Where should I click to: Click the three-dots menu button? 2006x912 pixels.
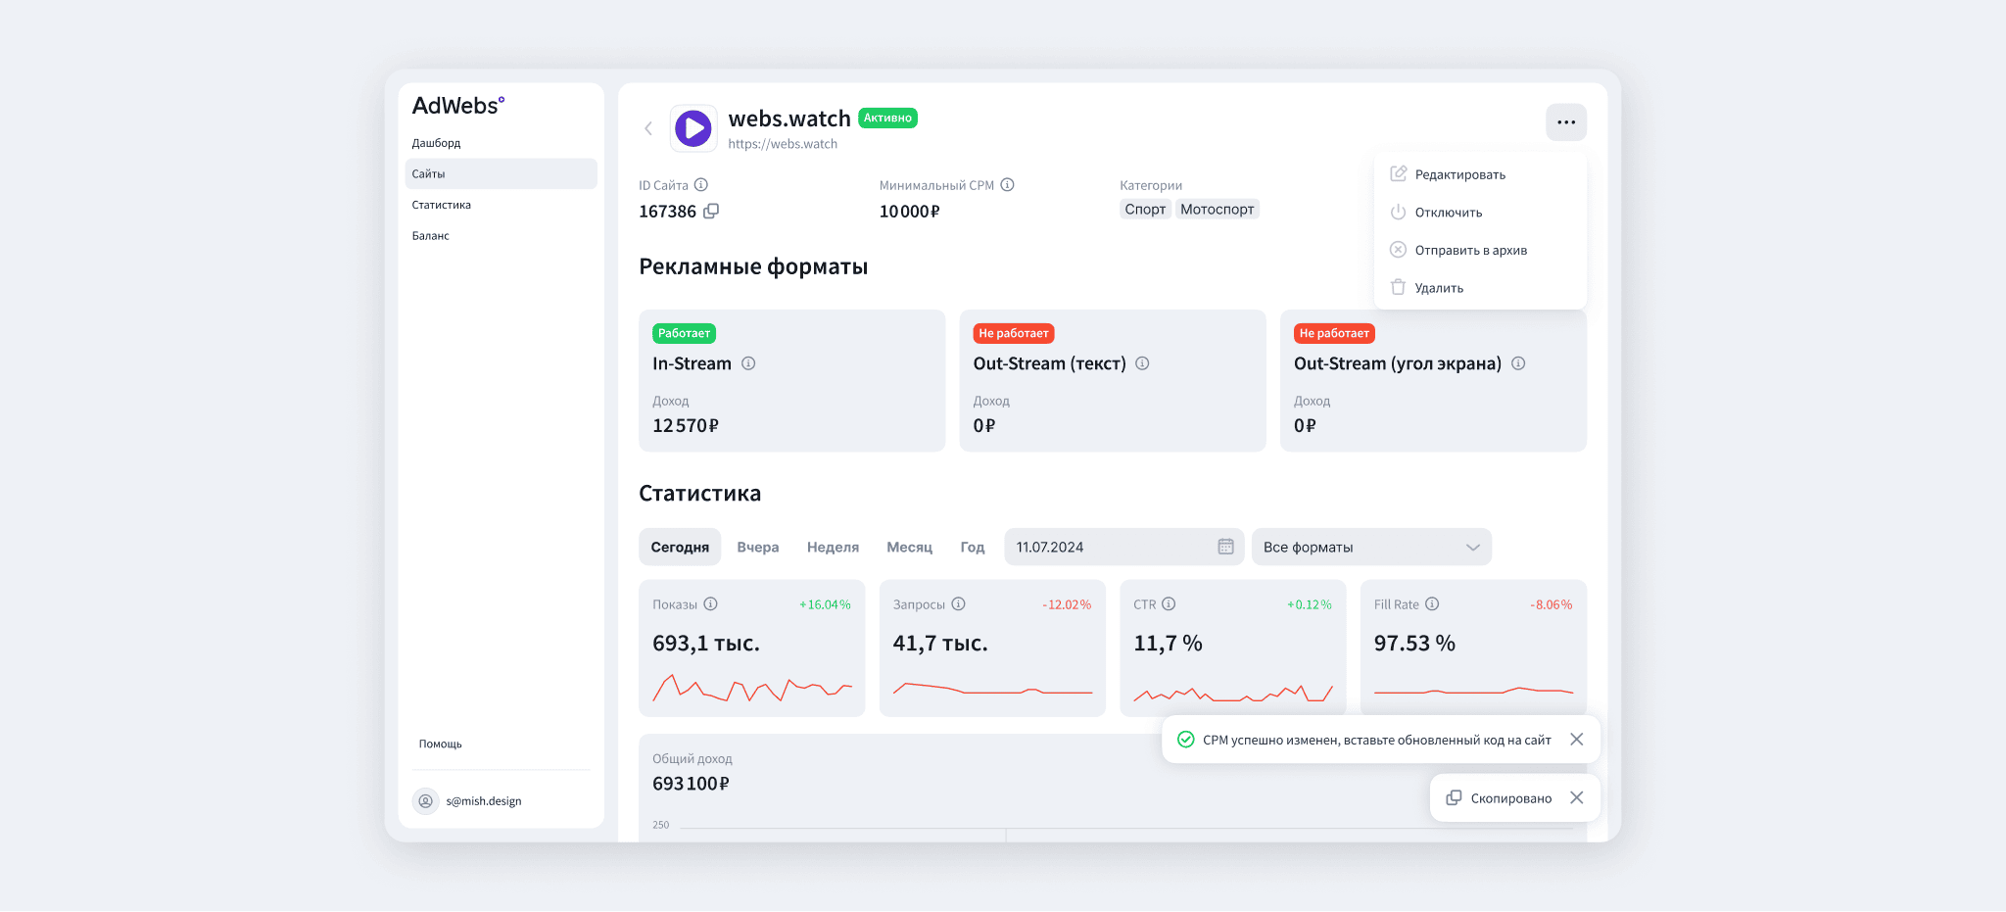pos(1565,122)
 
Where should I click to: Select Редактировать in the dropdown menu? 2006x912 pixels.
pos(1459,174)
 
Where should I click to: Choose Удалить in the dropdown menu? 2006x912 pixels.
pos(1438,288)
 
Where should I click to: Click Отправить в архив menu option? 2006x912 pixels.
pos(1470,250)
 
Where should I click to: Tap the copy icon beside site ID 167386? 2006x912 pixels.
pos(711,211)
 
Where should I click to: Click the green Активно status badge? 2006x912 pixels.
pos(887,118)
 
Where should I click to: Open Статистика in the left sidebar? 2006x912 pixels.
pos(441,205)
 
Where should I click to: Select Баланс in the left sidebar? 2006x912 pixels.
pos(430,236)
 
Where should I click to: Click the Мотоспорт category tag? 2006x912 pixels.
pos(1217,209)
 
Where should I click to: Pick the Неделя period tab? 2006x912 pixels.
pos(833,547)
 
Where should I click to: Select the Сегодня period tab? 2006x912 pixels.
pos(680,547)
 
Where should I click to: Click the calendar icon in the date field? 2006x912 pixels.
pos(1225,547)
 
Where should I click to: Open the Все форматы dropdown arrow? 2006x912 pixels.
pos(1472,548)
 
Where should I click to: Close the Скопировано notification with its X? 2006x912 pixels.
pos(1576,797)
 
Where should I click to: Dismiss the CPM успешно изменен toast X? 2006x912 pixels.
pos(1576,740)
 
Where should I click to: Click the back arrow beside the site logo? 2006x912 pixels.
pos(647,128)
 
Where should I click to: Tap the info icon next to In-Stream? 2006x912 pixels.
pos(748,363)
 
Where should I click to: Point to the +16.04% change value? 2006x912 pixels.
pos(825,604)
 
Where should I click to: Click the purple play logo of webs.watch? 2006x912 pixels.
pos(693,128)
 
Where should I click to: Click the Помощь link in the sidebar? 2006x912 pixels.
pos(440,744)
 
